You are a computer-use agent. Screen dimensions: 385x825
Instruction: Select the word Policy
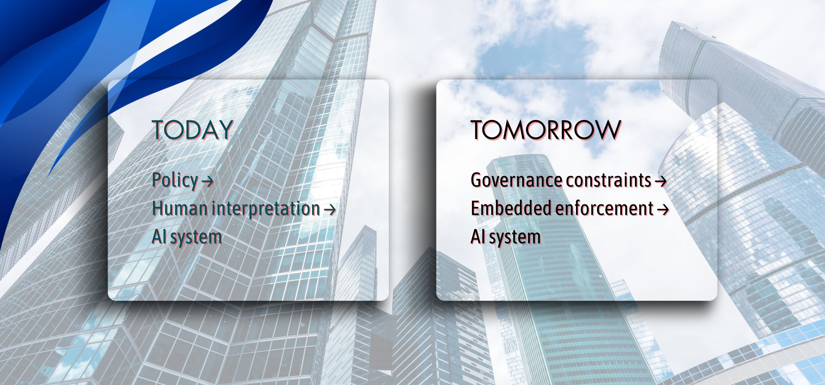175,180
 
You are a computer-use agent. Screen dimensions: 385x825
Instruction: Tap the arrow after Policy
207,181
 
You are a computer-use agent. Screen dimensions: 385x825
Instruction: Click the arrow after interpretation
330,209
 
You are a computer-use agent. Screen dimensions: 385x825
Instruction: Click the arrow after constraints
661,181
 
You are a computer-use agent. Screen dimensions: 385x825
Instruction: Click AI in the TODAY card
159,237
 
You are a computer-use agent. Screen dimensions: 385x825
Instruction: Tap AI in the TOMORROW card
477,237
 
